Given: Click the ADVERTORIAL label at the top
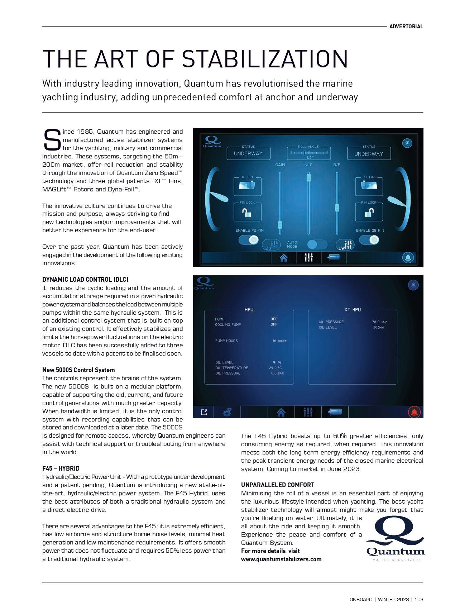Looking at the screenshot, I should (406, 27).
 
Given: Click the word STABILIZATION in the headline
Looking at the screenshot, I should (265, 59).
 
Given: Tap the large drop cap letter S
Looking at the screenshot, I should (52, 140).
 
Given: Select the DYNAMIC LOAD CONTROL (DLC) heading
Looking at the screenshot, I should (85, 280).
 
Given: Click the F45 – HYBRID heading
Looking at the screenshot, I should (61, 468).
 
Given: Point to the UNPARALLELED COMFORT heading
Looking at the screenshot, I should (278, 485).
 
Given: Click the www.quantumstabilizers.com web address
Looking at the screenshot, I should (281, 559).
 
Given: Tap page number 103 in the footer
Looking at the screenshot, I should (419, 599).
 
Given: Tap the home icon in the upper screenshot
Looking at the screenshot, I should (283, 258).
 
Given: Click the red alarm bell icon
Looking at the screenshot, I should (414, 412).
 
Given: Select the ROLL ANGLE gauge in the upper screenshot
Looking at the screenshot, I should (308, 153).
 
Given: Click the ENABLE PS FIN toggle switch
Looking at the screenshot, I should (249, 240).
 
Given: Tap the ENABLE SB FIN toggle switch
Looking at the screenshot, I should (369, 240).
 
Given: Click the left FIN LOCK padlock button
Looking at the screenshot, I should (247, 213).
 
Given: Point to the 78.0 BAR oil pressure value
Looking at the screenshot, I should (379, 322).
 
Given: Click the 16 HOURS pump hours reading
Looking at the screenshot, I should (280, 341).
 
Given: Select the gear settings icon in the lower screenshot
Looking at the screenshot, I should (227, 412).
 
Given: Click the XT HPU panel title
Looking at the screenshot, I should (353, 310).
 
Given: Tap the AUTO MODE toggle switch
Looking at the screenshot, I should (317, 244).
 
